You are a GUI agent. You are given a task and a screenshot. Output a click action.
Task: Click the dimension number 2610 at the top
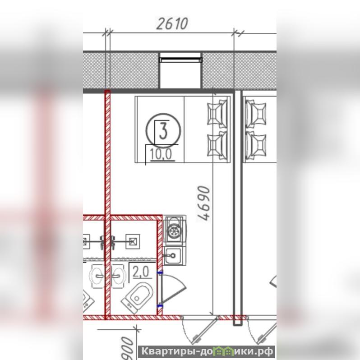[x=172, y=23]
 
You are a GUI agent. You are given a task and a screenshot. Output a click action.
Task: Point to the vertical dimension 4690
[x=204, y=203]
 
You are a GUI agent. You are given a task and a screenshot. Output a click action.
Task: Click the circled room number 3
[x=163, y=130]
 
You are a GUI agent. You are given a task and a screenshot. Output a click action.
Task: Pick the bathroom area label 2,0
[x=140, y=272]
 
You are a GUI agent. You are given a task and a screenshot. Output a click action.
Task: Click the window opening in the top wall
[x=181, y=70]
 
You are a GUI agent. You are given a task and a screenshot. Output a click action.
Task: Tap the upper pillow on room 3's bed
[x=217, y=113]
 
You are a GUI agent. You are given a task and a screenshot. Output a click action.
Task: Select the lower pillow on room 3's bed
[x=217, y=145]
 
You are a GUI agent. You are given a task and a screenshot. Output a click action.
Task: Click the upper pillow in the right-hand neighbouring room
[x=256, y=114]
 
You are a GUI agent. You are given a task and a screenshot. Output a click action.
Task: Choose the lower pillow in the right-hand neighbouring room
[x=256, y=146]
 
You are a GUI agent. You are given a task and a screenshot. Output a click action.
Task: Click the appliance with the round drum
[x=175, y=230]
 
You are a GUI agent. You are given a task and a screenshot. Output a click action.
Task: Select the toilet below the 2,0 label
[x=137, y=297]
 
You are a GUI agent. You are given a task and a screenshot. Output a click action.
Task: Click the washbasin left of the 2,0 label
[x=119, y=276]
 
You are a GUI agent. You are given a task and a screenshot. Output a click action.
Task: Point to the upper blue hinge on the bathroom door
[x=160, y=272]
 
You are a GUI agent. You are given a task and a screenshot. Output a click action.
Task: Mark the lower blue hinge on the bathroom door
[x=160, y=305]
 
